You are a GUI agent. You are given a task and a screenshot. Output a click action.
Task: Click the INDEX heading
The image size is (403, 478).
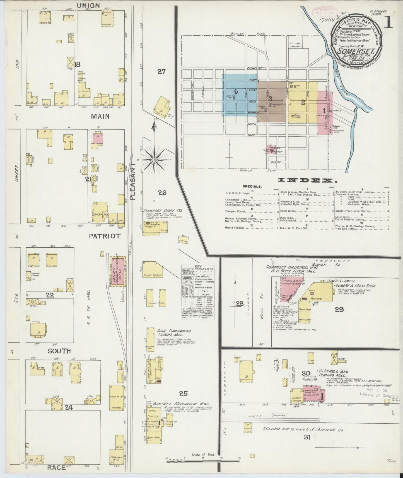coord(306,180)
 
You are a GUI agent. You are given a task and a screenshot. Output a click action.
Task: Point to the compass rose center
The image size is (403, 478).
coord(154,160)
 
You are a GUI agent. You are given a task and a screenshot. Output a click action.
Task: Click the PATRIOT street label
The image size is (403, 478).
coord(105,236)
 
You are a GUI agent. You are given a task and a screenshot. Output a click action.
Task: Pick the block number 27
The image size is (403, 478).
coord(161,71)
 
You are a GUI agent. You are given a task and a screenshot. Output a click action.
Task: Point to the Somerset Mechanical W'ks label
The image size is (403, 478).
coord(175,404)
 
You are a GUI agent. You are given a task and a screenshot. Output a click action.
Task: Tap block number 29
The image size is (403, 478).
coord(339,309)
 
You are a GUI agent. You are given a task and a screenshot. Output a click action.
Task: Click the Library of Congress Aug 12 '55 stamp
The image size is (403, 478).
coord(378,392)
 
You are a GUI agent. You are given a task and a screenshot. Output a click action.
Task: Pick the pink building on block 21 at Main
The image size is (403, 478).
coord(98,138)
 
